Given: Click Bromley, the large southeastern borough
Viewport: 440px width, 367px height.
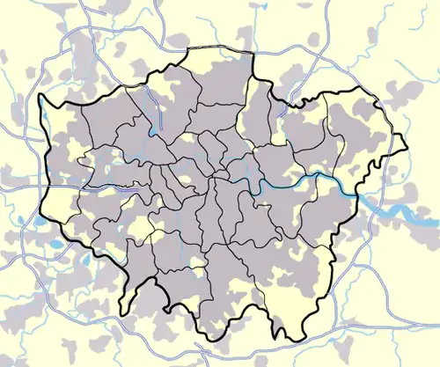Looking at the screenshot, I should [x=290, y=264].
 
